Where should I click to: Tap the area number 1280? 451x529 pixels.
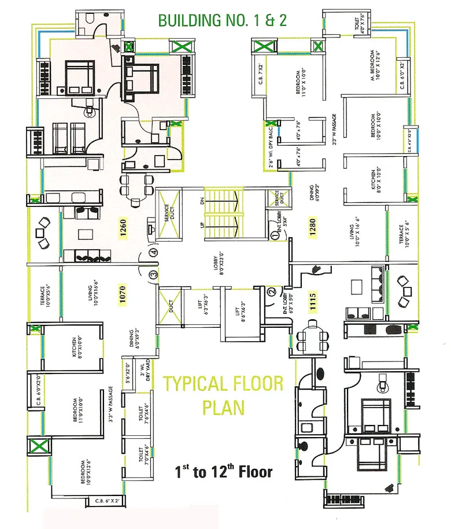click(312, 228)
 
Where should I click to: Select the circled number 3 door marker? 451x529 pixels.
click(153, 274)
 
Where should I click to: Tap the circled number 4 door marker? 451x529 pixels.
click(153, 252)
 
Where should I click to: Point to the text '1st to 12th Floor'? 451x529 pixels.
click(224, 472)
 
